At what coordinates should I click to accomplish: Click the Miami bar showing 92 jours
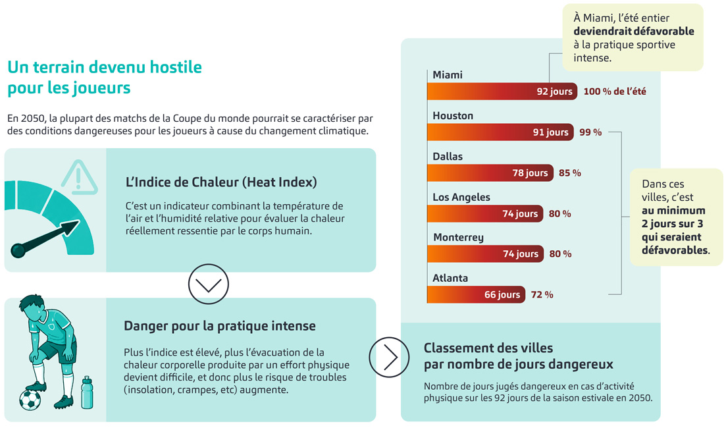(502, 92)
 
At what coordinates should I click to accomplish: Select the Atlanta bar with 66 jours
(476, 294)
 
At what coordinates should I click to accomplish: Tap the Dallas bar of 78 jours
(490, 173)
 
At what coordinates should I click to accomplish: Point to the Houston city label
(453, 115)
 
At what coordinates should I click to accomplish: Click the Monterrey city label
(459, 238)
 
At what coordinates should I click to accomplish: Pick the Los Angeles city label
(461, 197)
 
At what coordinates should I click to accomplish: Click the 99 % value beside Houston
(590, 132)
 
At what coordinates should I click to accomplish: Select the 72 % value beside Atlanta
(542, 294)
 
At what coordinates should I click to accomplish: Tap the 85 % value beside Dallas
(570, 173)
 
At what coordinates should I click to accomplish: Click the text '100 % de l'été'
(615, 92)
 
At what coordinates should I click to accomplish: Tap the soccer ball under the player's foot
(30, 400)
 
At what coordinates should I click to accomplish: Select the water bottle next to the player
(87, 392)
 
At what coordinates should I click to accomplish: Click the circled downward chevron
(208, 284)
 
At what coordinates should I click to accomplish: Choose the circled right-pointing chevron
(389, 357)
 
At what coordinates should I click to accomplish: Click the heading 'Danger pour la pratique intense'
(220, 326)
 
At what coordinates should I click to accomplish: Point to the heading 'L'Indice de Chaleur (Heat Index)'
(221, 182)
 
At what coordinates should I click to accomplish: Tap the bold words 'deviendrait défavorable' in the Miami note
(633, 32)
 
